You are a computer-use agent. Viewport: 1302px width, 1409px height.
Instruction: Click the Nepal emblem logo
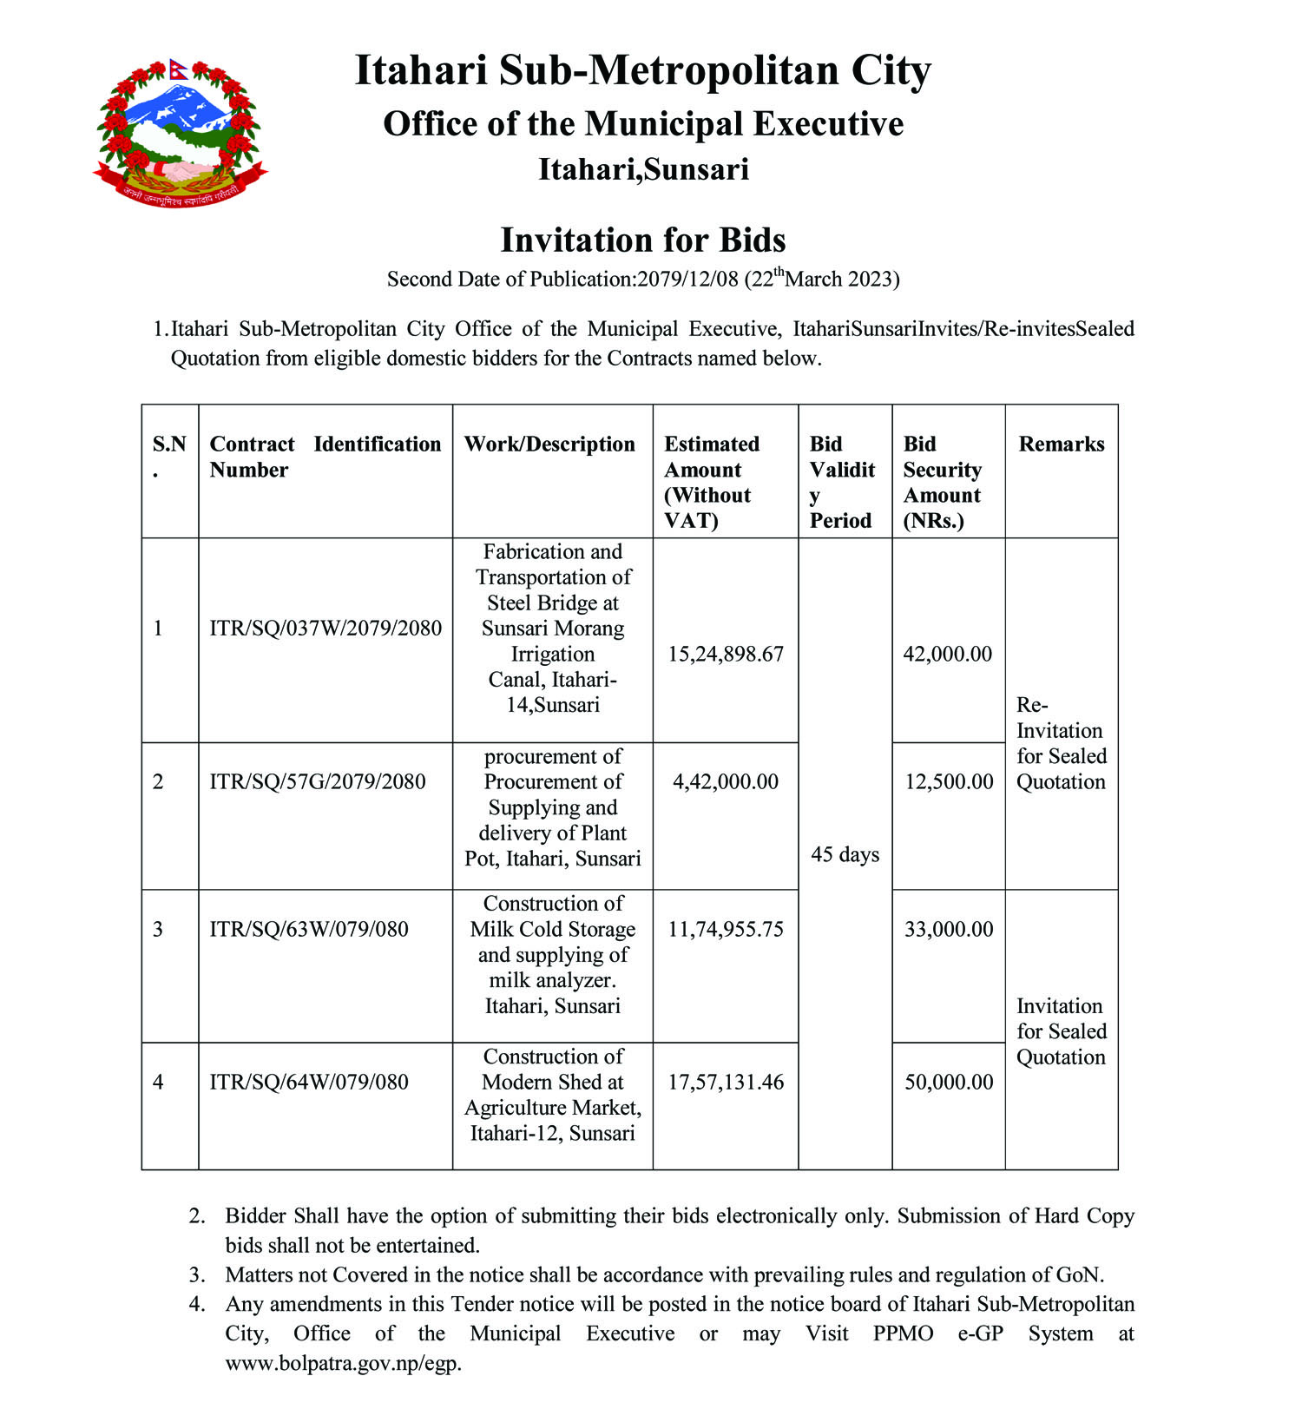click(x=180, y=132)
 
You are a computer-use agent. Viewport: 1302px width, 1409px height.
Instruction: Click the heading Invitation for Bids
click(x=643, y=240)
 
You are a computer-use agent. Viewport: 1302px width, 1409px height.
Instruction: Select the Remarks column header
click(x=1061, y=444)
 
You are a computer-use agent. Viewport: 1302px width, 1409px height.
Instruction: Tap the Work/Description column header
click(x=549, y=444)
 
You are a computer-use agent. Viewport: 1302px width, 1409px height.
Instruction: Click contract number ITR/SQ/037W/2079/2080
click(x=325, y=628)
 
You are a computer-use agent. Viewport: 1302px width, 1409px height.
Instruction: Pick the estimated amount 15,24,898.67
click(x=726, y=654)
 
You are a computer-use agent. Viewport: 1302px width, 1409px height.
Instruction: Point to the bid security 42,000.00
click(x=947, y=654)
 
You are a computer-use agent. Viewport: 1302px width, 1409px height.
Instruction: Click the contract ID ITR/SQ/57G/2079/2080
click(x=318, y=781)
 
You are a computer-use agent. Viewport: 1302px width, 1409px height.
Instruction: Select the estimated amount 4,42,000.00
click(x=726, y=781)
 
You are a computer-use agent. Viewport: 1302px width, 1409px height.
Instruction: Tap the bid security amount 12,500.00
click(x=949, y=781)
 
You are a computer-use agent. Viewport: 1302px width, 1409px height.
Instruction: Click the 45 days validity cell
click(x=845, y=854)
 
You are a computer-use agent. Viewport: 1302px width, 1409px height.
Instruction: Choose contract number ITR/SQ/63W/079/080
click(x=309, y=929)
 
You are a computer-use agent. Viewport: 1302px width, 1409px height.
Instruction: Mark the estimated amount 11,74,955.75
click(x=726, y=929)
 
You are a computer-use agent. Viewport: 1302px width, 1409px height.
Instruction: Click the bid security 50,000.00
click(x=949, y=1082)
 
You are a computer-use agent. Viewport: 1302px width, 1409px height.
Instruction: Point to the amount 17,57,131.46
click(x=726, y=1082)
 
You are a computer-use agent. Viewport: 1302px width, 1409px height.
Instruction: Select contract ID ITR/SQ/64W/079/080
click(x=309, y=1082)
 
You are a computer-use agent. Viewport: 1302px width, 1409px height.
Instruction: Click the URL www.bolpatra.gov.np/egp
click(x=343, y=1363)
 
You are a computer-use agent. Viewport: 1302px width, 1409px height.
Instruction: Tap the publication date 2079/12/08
click(x=687, y=280)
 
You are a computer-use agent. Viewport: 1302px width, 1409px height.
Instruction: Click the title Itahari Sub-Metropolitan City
click(x=643, y=69)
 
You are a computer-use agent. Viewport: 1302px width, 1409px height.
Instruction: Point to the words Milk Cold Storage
click(x=553, y=929)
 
